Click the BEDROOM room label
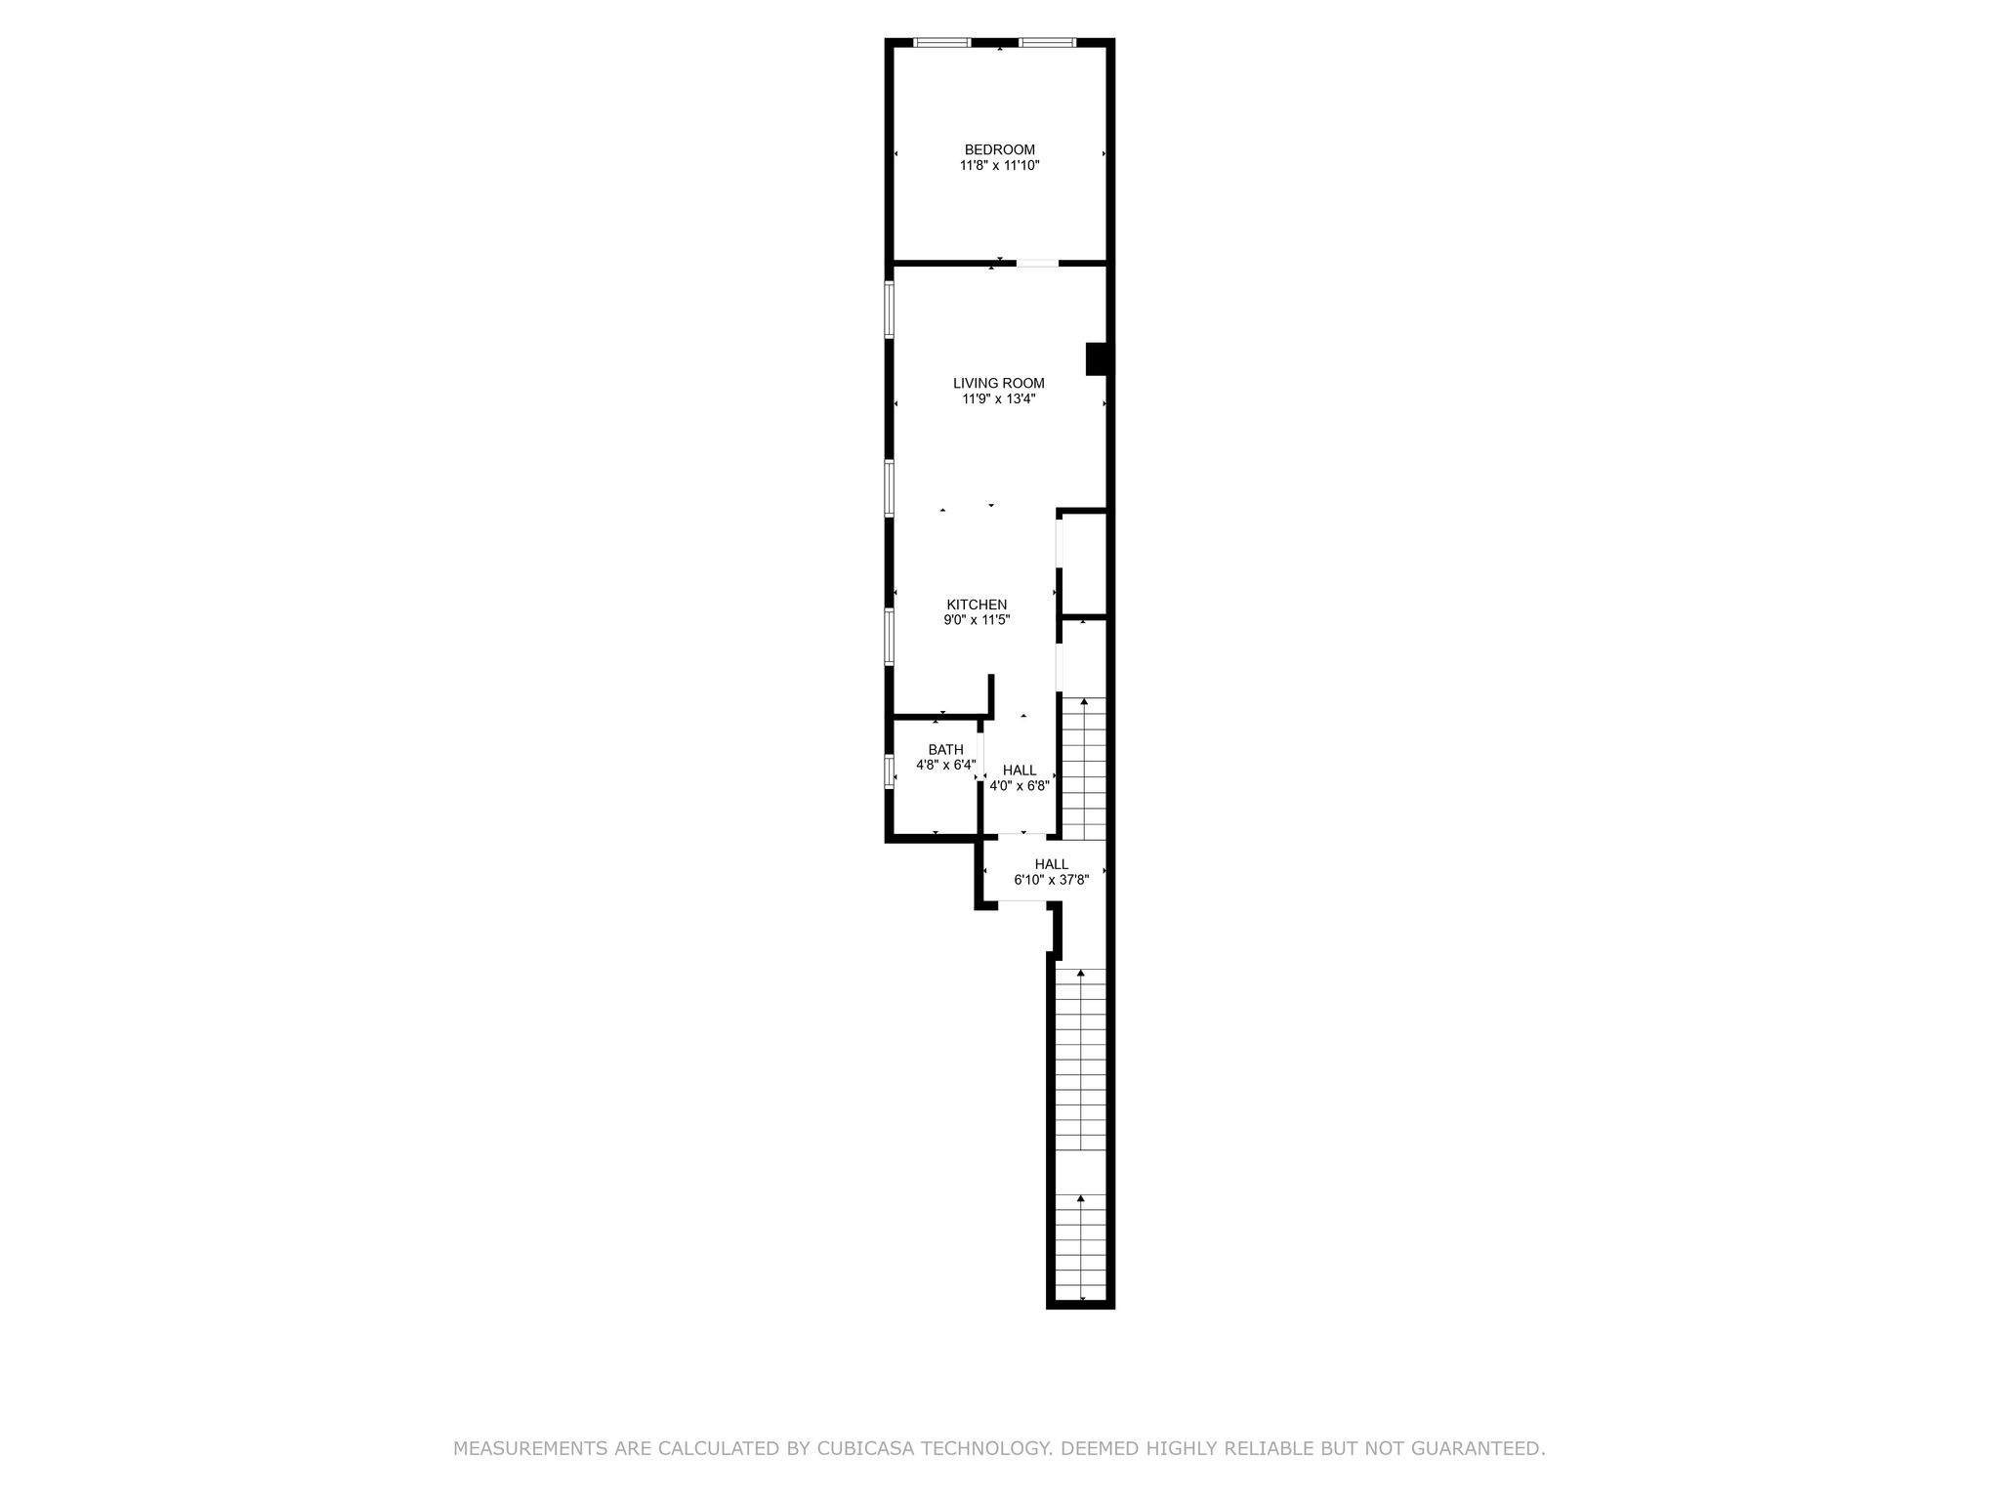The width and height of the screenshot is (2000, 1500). click(999, 149)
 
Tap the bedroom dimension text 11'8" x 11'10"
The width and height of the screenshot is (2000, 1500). click(999, 166)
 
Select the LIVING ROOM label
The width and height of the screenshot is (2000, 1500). click(999, 384)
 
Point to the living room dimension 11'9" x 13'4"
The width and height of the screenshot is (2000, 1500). click(999, 399)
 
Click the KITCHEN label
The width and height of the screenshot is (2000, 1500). click(977, 604)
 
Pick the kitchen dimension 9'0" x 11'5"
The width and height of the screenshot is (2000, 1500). click(977, 620)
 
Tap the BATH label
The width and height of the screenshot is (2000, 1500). click(945, 750)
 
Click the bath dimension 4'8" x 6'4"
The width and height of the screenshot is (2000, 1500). click(945, 766)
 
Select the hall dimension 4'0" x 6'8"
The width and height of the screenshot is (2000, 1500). click(1020, 786)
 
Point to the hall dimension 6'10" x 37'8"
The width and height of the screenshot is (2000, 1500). click(1052, 880)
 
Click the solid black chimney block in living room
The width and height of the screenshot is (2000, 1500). click(1097, 358)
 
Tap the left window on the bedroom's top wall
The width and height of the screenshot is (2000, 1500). click(942, 42)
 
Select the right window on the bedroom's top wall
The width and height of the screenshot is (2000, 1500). click(1048, 42)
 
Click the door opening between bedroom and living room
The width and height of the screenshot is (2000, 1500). click(1037, 263)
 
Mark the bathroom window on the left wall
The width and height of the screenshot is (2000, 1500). click(890, 771)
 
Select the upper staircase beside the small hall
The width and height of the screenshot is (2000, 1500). click(1083, 769)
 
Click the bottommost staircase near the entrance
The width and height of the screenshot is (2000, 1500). click(1082, 1247)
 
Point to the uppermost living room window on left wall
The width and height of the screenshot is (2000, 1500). click(890, 310)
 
